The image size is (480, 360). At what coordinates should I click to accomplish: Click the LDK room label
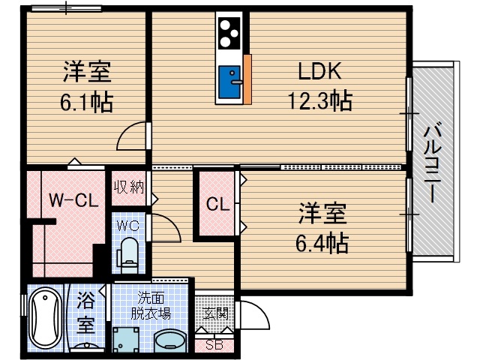320,73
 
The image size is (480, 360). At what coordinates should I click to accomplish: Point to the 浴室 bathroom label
85,314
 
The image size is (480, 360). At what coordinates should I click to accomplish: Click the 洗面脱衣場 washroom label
152,304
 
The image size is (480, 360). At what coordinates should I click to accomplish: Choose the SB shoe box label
214,345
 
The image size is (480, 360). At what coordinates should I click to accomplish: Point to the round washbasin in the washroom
172,340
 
